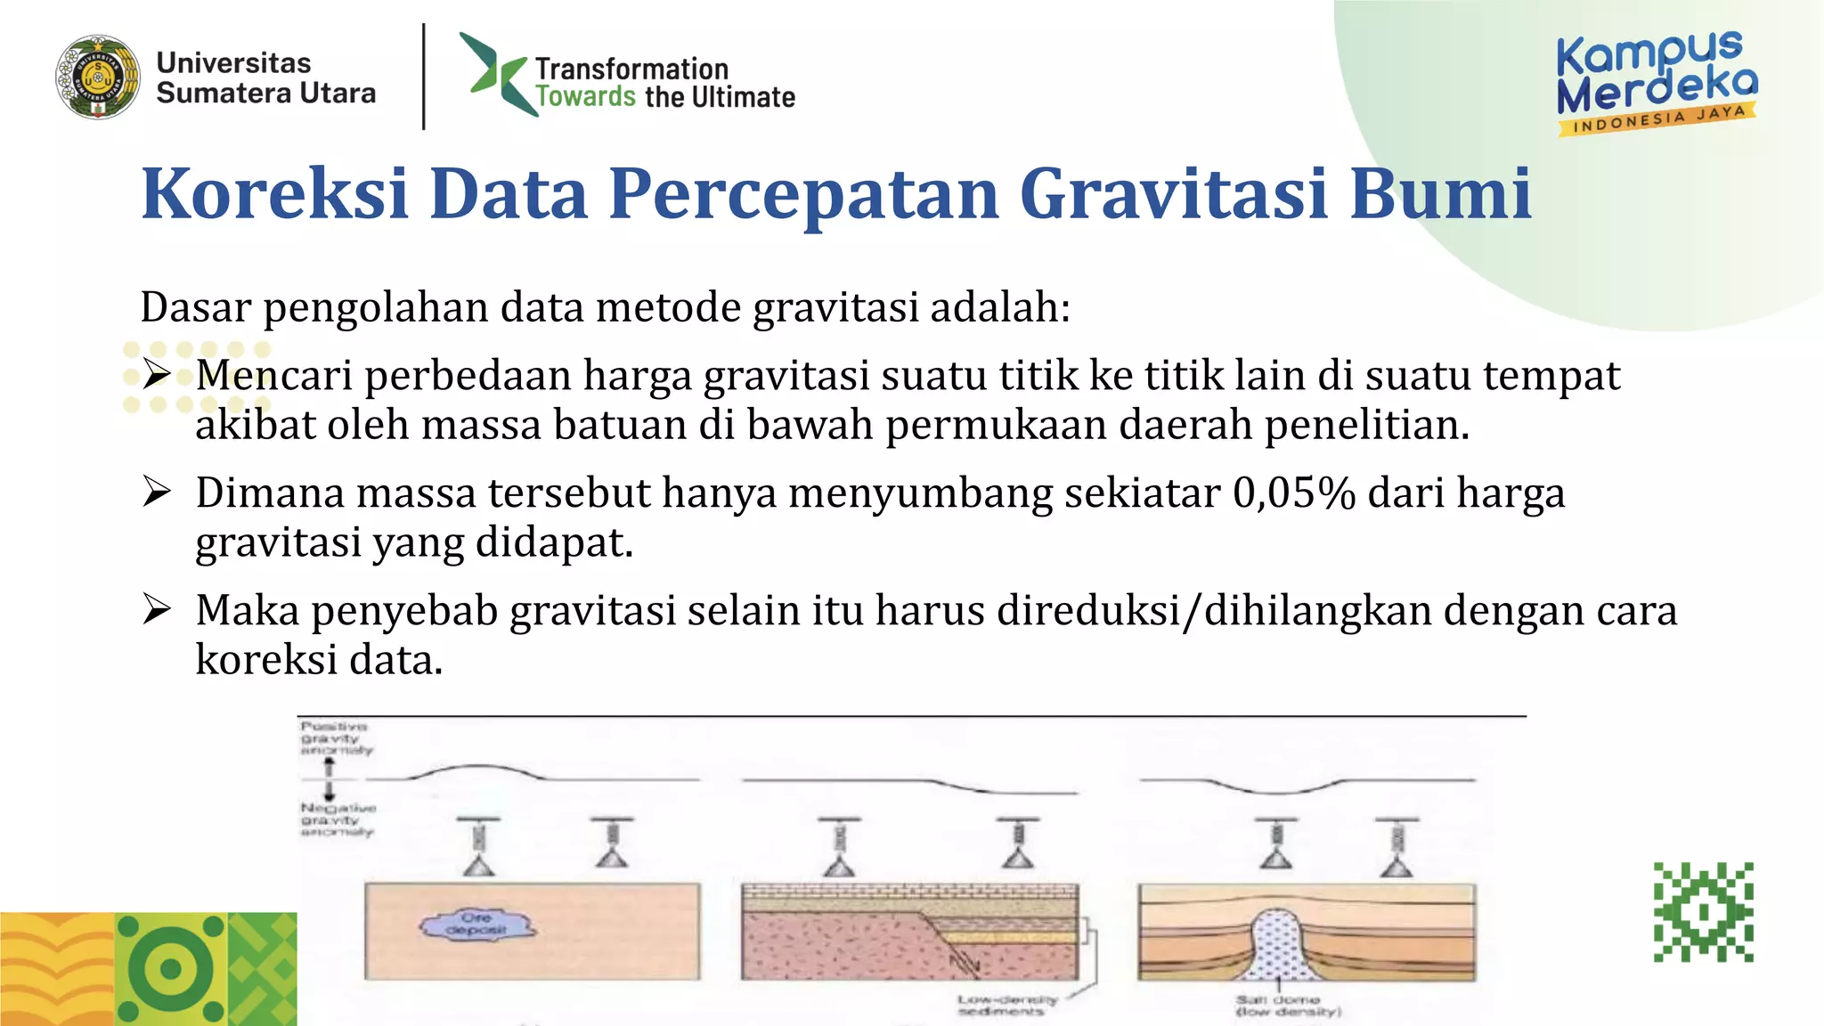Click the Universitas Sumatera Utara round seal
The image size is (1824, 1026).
click(x=97, y=77)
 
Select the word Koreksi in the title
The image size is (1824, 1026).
click(x=274, y=193)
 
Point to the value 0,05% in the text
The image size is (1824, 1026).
click(x=1294, y=493)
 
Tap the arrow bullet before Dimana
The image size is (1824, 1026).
click(x=157, y=492)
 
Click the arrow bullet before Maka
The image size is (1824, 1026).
click(x=157, y=609)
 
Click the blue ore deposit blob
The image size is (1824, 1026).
click(x=477, y=925)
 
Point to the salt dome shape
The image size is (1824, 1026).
click(x=1278, y=944)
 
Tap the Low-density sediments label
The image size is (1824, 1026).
click(x=1007, y=1006)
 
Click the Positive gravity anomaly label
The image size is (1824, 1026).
click(x=335, y=738)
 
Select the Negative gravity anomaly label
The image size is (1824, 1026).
click(x=338, y=819)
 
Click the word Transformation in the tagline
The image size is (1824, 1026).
click(x=631, y=69)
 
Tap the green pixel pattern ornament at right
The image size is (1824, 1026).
click(x=1703, y=912)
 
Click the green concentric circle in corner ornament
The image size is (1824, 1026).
click(x=170, y=969)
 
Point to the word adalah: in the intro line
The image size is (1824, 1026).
click(x=1000, y=308)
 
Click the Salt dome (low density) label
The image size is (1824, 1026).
click(x=1288, y=1006)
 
